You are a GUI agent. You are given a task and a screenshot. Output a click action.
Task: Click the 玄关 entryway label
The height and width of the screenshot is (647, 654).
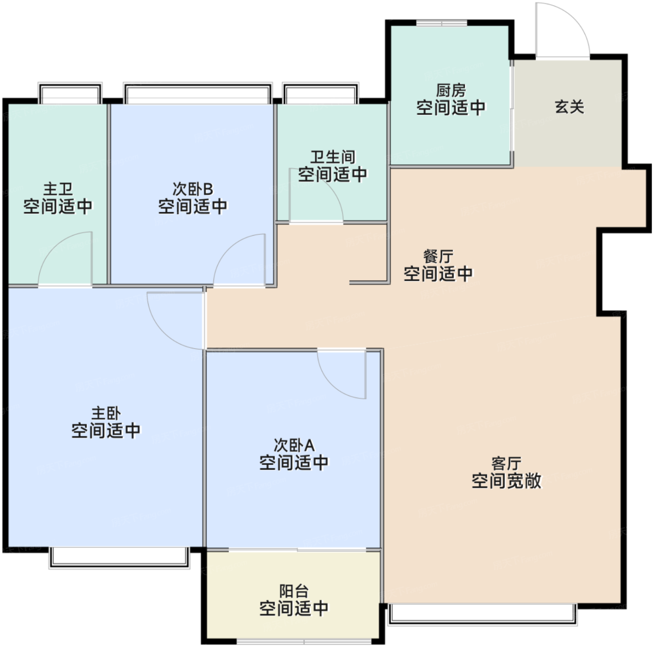(x=569, y=107)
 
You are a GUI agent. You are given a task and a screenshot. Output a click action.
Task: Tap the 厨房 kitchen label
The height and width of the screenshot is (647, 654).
(x=450, y=90)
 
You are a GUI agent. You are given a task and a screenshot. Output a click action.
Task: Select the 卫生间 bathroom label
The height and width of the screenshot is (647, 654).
(x=333, y=157)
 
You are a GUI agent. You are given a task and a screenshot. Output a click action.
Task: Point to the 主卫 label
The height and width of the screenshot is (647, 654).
(x=58, y=189)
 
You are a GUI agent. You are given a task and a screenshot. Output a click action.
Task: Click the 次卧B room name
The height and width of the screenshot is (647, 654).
(x=192, y=189)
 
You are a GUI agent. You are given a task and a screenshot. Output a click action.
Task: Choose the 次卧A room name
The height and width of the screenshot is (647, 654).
(x=294, y=445)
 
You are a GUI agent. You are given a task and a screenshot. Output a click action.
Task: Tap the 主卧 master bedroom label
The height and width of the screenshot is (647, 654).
(x=106, y=413)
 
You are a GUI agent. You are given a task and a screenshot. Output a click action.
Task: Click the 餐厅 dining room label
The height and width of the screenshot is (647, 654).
(x=438, y=256)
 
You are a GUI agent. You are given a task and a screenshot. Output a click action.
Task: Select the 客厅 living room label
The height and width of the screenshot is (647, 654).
(x=506, y=463)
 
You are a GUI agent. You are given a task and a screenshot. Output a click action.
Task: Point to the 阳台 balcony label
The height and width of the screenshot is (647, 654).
(x=294, y=591)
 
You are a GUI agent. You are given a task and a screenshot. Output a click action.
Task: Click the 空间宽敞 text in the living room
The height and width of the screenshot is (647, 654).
(x=506, y=480)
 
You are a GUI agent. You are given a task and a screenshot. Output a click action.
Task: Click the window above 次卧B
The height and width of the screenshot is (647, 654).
(x=198, y=92)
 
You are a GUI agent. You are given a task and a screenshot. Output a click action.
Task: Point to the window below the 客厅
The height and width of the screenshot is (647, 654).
(x=483, y=614)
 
